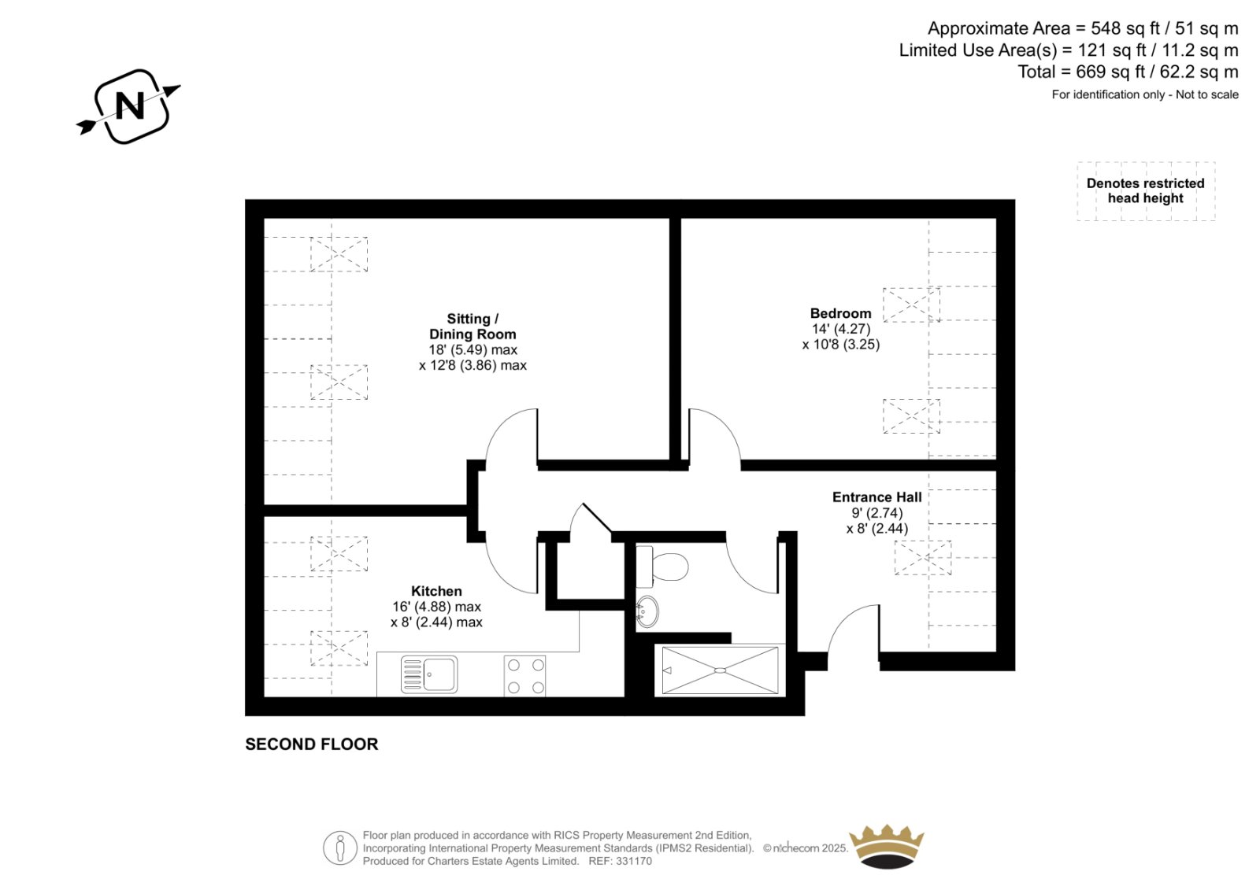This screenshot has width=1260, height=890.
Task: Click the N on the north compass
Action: click(129, 105)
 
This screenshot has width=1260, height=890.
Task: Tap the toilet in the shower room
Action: click(662, 566)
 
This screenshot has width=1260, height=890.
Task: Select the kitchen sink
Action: click(429, 674)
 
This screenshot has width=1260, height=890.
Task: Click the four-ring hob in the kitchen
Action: click(524, 677)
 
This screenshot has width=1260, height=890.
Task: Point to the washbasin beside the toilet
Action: click(647, 611)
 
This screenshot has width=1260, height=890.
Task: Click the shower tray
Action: click(720, 670)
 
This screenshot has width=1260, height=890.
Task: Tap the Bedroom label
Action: click(840, 314)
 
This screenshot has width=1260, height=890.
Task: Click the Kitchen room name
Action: click(436, 591)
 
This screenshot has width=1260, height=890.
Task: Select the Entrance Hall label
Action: click(877, 497)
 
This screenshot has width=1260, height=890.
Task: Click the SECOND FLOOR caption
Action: click(312, 744)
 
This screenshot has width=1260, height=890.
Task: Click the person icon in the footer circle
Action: click(339, 848)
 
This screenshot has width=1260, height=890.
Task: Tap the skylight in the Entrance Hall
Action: click(922, 558)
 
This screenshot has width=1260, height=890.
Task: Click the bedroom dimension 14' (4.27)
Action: click(841, 329)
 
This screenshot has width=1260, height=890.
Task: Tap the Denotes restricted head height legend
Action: click(1145, 190)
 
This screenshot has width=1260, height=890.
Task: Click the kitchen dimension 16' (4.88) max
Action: click(436, 607)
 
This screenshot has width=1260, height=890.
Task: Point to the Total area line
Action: click(1128, 72)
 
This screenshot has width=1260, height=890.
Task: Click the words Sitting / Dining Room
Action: click(472, 327)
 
